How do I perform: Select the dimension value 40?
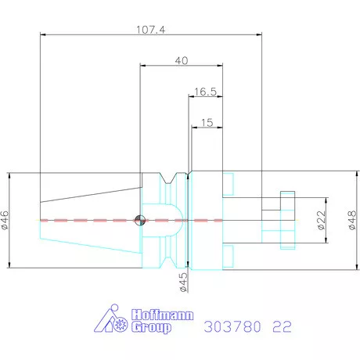[x=182, y=60]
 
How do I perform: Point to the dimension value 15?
[x=206, y=123]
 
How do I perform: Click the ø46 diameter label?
[x=6, y=221]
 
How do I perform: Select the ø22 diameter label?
[x=321, y=221]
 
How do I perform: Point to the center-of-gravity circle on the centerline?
[x=139, y=220]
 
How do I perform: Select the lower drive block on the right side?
[x=228, y=256]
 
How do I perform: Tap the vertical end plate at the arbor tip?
[x=287, y=220]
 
